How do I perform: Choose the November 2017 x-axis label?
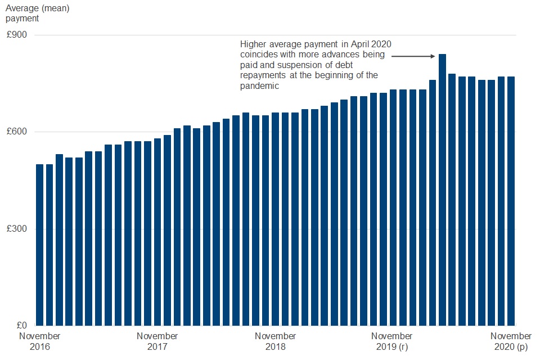tap(157, 341)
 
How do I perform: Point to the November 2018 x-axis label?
tap(276, 341)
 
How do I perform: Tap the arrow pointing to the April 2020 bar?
tap(413, 56)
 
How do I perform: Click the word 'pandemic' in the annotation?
tap(259, 86)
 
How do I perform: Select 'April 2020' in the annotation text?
tap(380, 44)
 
